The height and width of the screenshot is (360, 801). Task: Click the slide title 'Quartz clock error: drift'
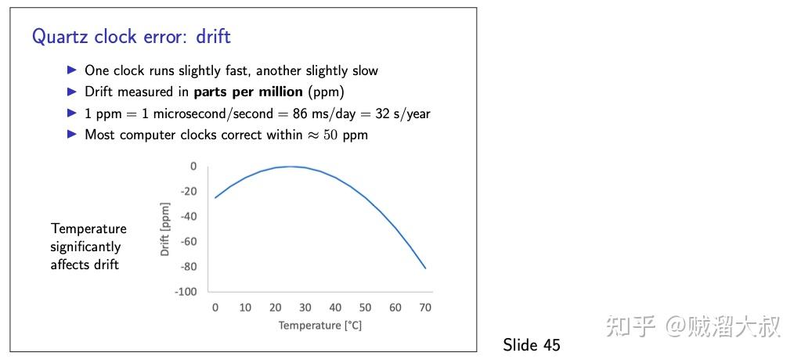coord(132,37)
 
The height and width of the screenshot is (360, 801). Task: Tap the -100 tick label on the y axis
coord(186,292)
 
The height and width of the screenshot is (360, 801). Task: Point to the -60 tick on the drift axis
coord(188,242)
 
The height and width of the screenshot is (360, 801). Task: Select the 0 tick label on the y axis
coord(193,167)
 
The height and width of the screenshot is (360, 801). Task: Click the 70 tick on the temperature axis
coord(425,308)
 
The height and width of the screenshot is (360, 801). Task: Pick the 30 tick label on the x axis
coord(305,308)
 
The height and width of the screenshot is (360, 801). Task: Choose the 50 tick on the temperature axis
coord(365,308)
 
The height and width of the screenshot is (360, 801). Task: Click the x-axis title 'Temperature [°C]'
coord(319,326)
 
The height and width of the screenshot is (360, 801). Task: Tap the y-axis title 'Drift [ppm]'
coord(165,229)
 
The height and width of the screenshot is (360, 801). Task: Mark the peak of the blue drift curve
coord(290,167)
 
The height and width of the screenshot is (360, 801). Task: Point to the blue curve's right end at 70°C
coord(425,268)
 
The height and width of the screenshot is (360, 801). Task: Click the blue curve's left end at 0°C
coord(215,198)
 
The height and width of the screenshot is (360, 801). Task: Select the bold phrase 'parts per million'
coord(248,92)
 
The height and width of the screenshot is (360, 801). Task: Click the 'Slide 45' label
coord(532,344)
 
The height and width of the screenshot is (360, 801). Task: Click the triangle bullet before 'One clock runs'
coord(72,70)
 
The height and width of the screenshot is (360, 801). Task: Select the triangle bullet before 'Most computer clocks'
coord(72,135)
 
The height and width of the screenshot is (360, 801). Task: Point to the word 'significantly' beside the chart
coord(85,247)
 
